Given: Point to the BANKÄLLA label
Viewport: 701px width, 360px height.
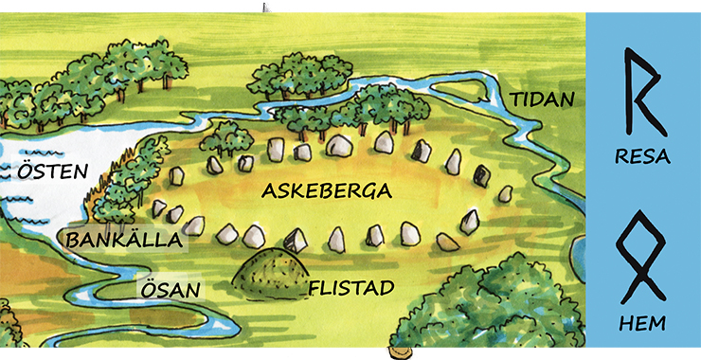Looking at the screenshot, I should pos(123,241).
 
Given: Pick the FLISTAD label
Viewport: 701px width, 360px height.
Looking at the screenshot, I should pos(351,287).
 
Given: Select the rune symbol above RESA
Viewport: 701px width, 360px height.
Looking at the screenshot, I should pos(642,92).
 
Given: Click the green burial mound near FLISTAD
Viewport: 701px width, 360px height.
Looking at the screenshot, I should pos(269,269).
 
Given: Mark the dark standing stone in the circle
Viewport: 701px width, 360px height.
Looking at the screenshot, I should pos(482,176).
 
